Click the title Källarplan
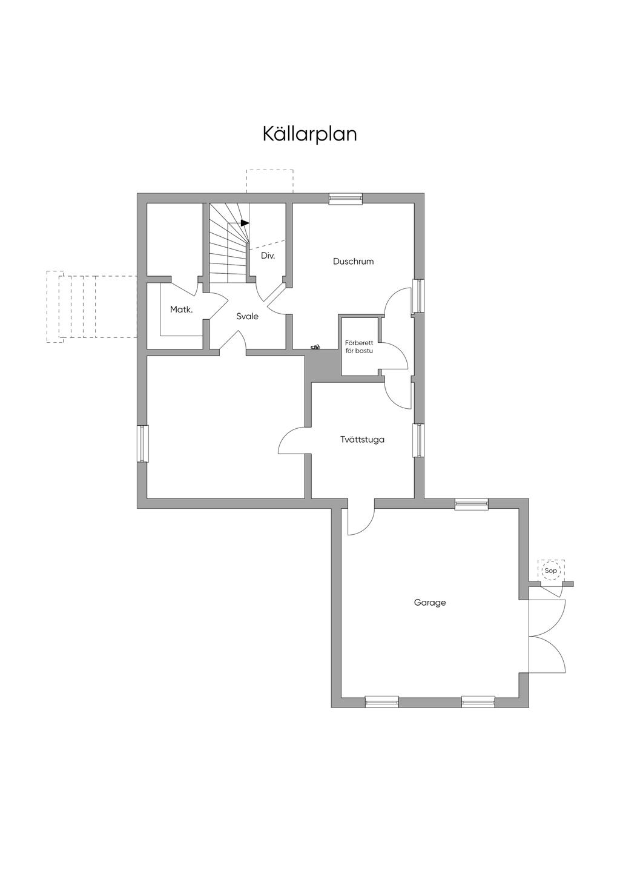[309, 134]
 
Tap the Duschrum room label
[353, 262]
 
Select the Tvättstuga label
[362, 440]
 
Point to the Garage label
[430, 603]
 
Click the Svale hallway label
[247, 316]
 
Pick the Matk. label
[181, 309]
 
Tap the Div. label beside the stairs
[268, 256]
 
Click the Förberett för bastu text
[359, 347]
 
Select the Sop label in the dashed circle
[550, 571]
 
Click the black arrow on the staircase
[244, 223]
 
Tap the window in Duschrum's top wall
[345, 198]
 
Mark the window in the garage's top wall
[472, 504]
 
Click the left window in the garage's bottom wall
[382, 702]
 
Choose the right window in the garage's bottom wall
[478, 702]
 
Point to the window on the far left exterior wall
[142, 443]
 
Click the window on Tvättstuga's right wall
[418, 440]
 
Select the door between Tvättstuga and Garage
[361, 520]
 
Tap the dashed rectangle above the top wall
[269, 181]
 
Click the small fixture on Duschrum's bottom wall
[315, 347]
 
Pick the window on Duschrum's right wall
[418, 296]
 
